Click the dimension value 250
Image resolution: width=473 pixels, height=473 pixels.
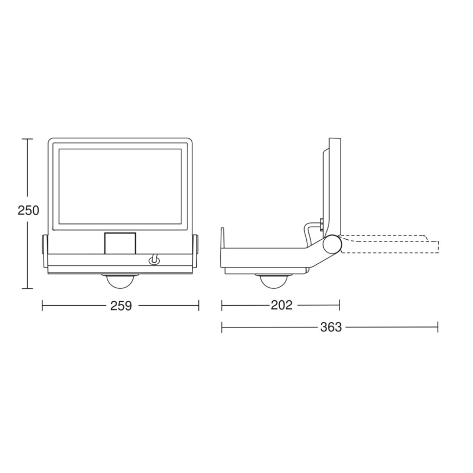(x=28, y=210)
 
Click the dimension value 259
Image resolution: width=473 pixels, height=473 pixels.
(x=121, y=306)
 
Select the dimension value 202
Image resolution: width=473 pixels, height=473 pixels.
(x=282, y=305)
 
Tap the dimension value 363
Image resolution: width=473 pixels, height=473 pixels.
(x=331, y=327)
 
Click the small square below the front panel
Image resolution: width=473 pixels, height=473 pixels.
(x=120, y=242)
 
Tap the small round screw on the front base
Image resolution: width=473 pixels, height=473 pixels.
(x=154, y=261)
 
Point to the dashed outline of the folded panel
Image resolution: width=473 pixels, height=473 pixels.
(x=392, y=244)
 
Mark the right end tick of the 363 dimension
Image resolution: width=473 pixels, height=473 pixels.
(x=438, y=327)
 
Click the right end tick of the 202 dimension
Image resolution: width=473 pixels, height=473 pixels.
(x=339, y=305)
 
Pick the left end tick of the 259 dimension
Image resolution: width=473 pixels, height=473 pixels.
(x=43, y=306)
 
